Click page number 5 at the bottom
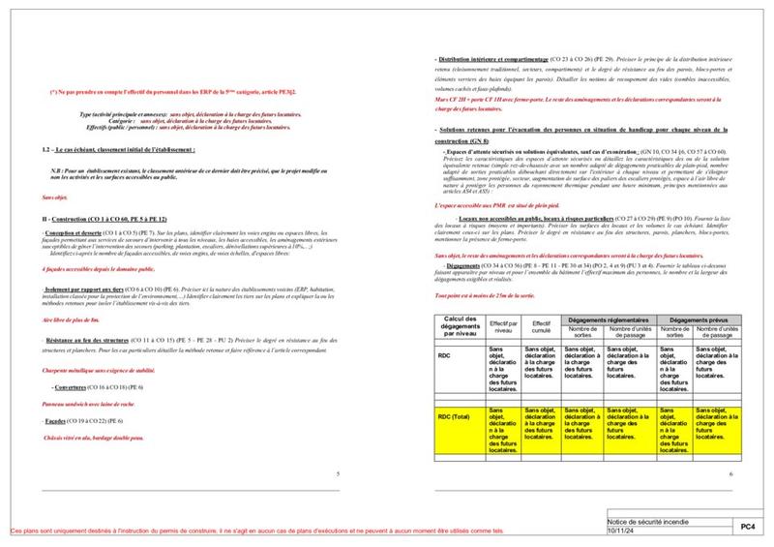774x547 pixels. (x=336, y=473)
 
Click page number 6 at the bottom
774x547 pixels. (x=730, y=473)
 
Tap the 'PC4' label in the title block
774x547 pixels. (x=747, y=526)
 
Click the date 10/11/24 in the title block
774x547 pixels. (x=619, y=531)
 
